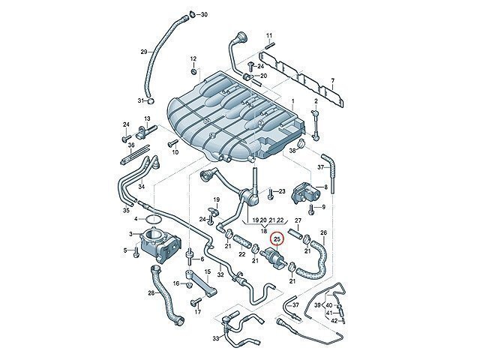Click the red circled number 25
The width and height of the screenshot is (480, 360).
(277, 239)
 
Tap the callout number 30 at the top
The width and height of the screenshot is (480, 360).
(204, 14)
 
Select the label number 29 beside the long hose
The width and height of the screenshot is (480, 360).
(144, 52)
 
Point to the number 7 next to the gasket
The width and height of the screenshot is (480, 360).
(333, 81)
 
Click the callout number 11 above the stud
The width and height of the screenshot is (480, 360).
(268, 35)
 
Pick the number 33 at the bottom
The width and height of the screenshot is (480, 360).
(216, 338)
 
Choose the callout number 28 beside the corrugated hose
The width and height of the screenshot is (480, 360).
(151, 293)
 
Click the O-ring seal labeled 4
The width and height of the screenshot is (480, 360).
(154, 220)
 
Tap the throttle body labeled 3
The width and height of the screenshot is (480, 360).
(160, 244)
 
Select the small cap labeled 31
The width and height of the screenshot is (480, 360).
(151, 101)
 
